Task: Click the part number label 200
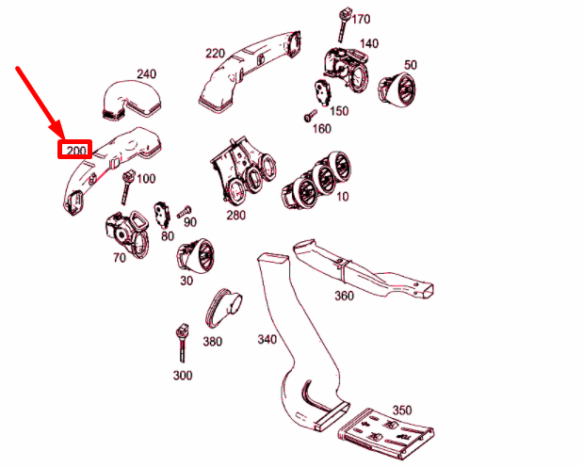click(x=74, y=149)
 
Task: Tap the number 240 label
click(x=146, y=73)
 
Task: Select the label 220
click(x=215, y=53)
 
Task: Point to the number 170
click(x=362, y=19)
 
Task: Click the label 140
click(x=368, y=43)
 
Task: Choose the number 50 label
click(x=410, y=64)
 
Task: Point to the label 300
click(x=183, y=375)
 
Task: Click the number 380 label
click(x=213, y=341)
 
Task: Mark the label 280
click(x=235, y=216)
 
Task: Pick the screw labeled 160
click(x=308, y=117)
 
